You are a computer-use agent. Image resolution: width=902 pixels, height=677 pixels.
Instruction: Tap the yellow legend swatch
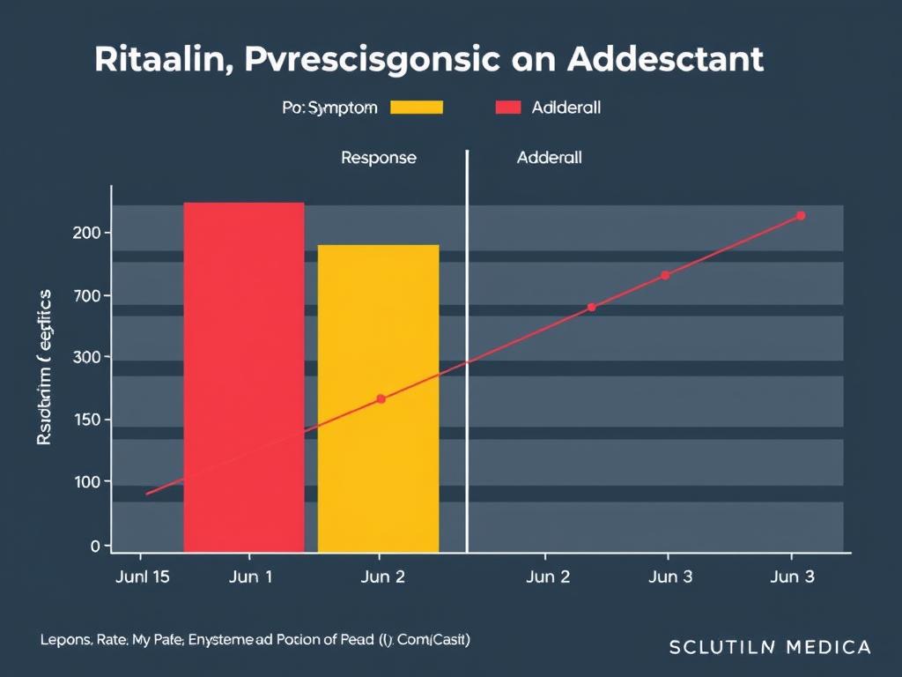pos(416,108)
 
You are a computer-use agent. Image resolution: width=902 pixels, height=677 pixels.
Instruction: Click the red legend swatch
pos(508,108)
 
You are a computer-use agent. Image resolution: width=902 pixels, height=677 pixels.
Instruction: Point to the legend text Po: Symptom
pos(330,108)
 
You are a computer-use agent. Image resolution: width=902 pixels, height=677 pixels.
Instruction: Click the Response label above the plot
pos(378,159)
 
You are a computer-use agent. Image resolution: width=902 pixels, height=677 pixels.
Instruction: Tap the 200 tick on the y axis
pos(92,233)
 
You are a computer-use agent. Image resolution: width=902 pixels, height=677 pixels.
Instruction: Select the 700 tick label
pos(92,295)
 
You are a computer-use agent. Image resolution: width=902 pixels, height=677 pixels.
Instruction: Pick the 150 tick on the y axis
pos(92,420)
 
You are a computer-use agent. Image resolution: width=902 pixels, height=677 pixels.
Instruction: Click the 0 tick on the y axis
pos(95,546)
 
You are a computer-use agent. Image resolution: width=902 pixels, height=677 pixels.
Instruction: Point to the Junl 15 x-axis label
pos(142,577)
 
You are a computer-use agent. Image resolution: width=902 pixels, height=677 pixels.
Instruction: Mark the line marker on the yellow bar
pos(381,399)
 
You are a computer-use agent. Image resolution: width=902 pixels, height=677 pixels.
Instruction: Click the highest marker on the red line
pos(801,215)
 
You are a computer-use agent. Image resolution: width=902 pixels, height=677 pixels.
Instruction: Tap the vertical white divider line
pos(467,353)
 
